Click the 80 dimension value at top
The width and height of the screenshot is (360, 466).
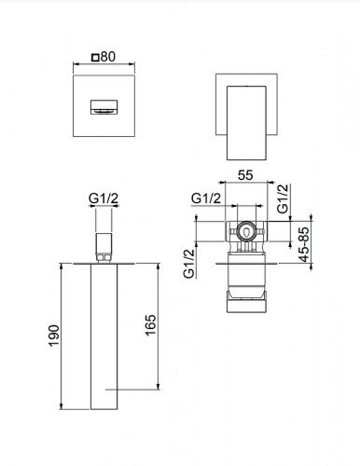[108, 57]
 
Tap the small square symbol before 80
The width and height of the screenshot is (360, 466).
[95, 58]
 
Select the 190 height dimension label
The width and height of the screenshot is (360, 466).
[54, 336]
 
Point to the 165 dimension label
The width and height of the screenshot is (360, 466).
[150, 325]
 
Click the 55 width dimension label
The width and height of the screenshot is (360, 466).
[245, 175]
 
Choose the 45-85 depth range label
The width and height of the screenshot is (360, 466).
[305, 244]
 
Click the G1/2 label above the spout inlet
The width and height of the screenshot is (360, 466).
[104, 199]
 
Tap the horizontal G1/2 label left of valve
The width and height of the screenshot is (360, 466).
[206, 199]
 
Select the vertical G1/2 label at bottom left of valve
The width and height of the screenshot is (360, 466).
[189, 264]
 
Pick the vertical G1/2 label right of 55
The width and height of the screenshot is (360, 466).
[283, 199]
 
